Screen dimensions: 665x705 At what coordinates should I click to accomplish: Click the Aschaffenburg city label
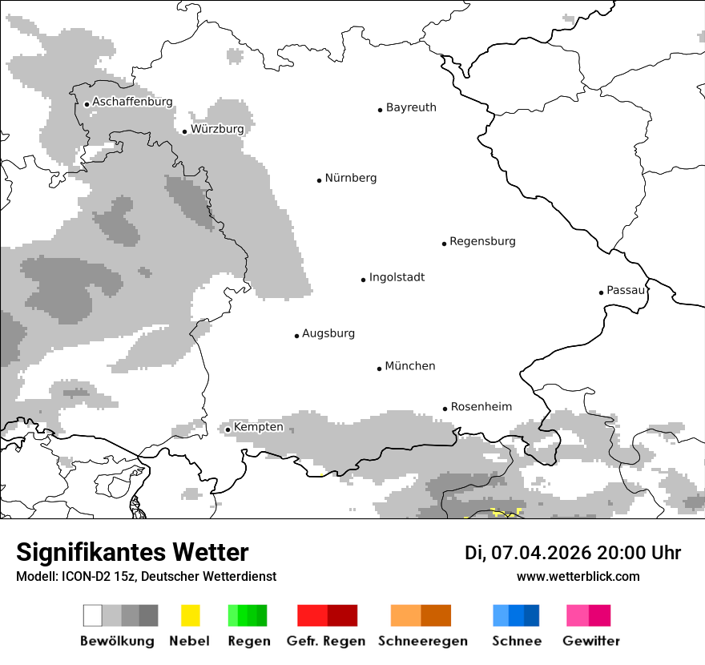[x=132, y=102]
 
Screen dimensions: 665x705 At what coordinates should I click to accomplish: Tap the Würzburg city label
[x=217, y=129]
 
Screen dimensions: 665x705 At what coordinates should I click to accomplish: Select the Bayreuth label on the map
[x=411, y=107]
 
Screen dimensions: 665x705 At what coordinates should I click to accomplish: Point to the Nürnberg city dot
[x=319, y=180]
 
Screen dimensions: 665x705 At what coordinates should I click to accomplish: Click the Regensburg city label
[x=482, y=241]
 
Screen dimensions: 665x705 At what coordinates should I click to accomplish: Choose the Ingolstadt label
[x=397, y=277]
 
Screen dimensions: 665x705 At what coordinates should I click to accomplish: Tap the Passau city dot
[x=601, y=292]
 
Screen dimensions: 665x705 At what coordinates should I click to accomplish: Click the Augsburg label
[x=328, y=333]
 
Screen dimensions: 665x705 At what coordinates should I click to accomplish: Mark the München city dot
[x=380, y=369]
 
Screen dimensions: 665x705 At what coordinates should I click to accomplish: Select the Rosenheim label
[x=481, y=407]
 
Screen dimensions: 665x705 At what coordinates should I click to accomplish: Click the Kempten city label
[x=258, y=427]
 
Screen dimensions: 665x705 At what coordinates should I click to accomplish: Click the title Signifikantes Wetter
[x=132, y=552]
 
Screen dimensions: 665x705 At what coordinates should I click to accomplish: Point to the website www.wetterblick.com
[x=578, y=576]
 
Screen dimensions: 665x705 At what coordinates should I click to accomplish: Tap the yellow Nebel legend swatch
[x=190, y=615]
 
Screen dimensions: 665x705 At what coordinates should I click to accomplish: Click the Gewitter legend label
[x=591, y=641]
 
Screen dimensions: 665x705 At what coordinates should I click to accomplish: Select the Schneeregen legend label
[x=423, y=641]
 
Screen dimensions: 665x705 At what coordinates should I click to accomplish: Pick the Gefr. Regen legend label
[x=326, y=641]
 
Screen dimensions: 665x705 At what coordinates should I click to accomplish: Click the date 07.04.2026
[x=538, y=553]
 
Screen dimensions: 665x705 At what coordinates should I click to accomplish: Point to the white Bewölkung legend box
[x=93, y=615]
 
